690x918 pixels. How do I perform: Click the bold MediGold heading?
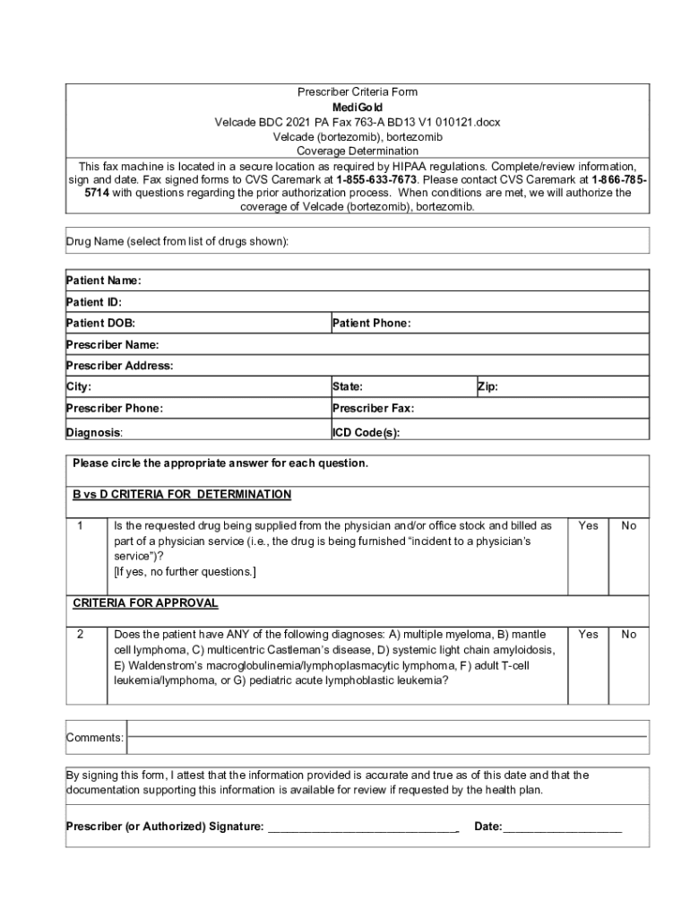click(x=357, y=108)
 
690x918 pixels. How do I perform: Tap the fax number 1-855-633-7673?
click(x=376, y=178)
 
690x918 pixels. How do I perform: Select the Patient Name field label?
click(x=103, y=281)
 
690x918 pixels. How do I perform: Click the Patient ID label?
click(x=94, y=302)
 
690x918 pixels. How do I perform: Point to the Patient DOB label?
click(x=100, y=323)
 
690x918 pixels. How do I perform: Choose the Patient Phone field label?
click(x=371, y=323)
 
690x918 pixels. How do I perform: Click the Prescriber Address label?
click(x=119, y=366)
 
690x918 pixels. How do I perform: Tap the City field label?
click(x=79, y=387)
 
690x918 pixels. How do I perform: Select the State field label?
click(x=347, y=387)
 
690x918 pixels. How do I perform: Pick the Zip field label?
click(x=487, y=387)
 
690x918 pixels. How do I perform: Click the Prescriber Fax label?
click(x=373, y=408)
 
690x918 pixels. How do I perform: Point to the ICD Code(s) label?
click(x=366, y=432)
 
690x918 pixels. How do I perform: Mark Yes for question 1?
click(x=588, y=525)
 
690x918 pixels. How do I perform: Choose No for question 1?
click(x=629, y=525)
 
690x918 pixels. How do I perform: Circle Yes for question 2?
click(x=588, y=634)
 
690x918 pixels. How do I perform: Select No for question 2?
click(x=629, y=634)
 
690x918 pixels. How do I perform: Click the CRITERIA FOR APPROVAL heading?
click(x=145, y=602)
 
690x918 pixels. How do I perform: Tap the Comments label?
click(x=94, y=738)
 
